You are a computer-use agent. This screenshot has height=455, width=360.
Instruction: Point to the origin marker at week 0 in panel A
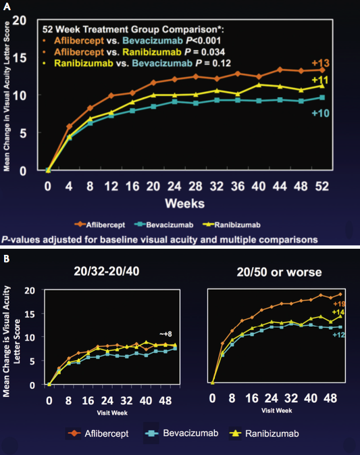tap(47, 170)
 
